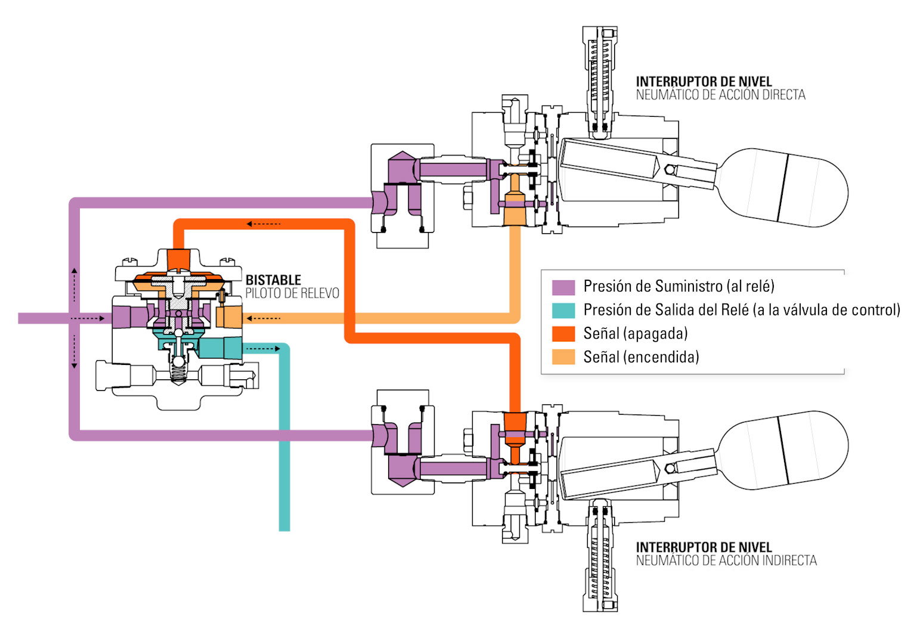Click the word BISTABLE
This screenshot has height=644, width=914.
[x=273, y=280]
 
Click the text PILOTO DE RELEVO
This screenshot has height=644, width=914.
[x=292, y=293]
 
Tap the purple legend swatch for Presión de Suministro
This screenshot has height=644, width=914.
[x=563, y=287]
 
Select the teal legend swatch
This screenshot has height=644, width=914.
[x=563, y=310]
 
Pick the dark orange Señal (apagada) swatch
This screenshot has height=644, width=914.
[x=563, y=333]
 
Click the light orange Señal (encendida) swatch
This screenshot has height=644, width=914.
[x=563, y=357]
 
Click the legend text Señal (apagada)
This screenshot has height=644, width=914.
[x=635, y=333]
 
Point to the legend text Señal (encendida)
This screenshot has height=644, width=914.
[x=641, y=357]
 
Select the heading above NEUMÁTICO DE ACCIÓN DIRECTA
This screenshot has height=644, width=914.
[x=704, y=81]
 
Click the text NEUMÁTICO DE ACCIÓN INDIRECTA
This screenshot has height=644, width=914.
[x=726, y=561]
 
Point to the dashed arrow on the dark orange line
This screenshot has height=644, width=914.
[x=264, y=224]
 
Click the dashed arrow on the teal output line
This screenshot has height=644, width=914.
[x=262, y=348]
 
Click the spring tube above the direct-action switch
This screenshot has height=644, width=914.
[x=599, y=80]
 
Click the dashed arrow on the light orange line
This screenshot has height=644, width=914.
[x=264, y=318]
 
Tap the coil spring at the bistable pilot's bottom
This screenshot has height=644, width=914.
[x=178, y=373]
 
